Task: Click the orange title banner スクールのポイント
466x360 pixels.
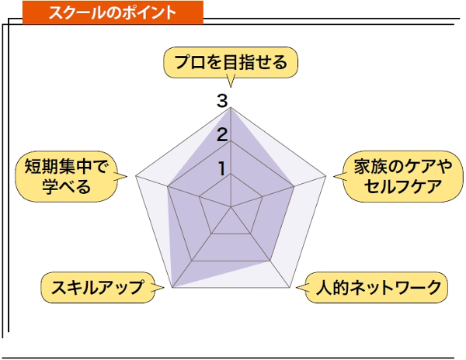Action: click(113, 12)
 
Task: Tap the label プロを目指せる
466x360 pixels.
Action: click(231, 62)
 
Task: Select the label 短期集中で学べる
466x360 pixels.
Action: click(66, 177)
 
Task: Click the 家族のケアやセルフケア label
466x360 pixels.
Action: click(403, 177)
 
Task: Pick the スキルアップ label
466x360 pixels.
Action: click(98, 287)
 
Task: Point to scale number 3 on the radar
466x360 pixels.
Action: click(222, 101)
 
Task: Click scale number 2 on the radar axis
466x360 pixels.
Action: click(222, 134)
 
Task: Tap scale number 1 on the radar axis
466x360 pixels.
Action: click(222, 168)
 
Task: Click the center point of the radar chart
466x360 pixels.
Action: click(231, 206)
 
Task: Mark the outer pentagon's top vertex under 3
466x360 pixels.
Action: click(231, 107)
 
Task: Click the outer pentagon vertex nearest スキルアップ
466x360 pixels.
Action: click(172, 287)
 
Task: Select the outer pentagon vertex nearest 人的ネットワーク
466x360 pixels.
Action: click(290, 287)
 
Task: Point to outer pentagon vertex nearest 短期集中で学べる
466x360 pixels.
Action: click(136, 176)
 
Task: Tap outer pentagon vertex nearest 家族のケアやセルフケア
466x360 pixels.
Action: click(325, 176)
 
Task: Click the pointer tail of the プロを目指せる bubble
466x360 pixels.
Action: click(231, 87)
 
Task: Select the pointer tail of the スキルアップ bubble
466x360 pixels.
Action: click(164, 287)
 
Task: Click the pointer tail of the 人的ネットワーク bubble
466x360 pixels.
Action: click(297, 287)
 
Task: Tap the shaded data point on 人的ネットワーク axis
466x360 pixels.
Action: click(270, 261)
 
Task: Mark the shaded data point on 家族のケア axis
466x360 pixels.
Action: click(294, 186)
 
